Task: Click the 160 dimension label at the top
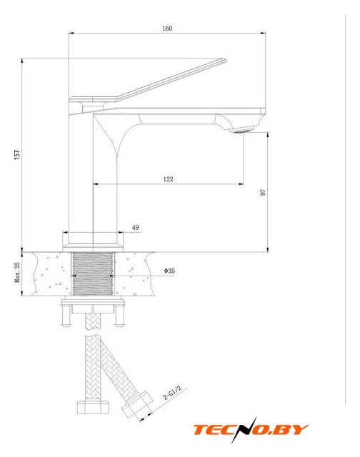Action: pyautogui.click(x=167, y=29)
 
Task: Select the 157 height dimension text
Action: pyautogui.click(x=17, y=154)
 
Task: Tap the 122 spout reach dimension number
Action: pyautogui.click(x=168, y=179)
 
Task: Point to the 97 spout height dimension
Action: pyautogui.click(x=263, y=192)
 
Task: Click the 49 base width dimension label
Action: pyautogui.click(x=136, y=227)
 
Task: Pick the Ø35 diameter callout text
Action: pyautogui.click(x=169, y=271)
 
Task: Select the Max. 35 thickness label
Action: pyautogui.click(x=17, y=272)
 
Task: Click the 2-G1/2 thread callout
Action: pyautogui.click(x=172, y=393)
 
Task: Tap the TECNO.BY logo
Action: pyautogui.click(x=251, y=430)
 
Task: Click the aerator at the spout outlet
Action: pyautogui.click(x=241, y=129)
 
